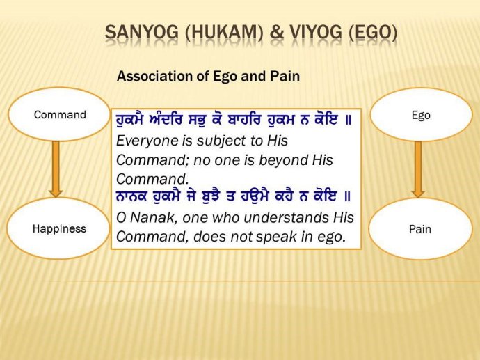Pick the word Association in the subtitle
(x=152, y=77)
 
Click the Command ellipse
(x=60, y=115)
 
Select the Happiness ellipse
(x=60, y=228)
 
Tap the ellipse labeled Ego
(x=420, y=115)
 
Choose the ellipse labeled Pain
(x=420, y=228)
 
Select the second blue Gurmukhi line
(x=233, y=197)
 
